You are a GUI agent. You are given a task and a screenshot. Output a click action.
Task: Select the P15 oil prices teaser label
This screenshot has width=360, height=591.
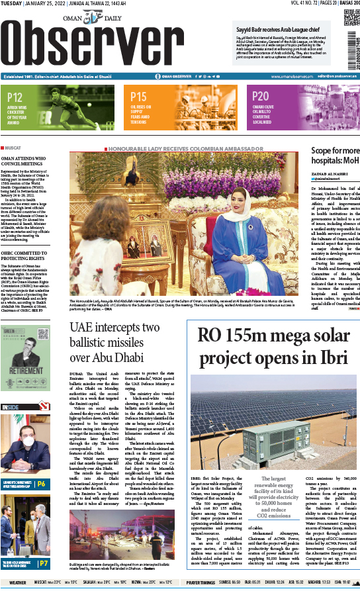(139, 97)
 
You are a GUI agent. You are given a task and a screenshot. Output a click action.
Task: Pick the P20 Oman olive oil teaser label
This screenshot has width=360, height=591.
(261, 97)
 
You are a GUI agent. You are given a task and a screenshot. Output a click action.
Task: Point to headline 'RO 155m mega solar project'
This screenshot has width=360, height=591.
(272, 347)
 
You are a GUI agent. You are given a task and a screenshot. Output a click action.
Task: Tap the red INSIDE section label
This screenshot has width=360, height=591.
(11, 406)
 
